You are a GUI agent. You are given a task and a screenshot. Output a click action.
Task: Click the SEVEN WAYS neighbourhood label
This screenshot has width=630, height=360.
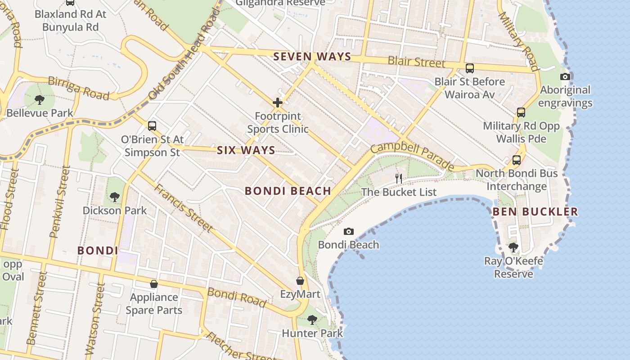[x=312, y=56]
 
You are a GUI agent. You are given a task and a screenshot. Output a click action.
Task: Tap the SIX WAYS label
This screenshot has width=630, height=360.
[x=246, y=150]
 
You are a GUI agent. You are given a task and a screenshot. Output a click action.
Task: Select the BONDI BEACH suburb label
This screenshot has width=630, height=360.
[x=288, y=191]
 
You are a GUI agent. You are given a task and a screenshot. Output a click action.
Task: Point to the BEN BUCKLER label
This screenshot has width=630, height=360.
[x=535, y=211]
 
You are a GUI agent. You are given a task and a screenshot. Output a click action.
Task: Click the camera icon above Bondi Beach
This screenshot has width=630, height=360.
[x=348, y=231]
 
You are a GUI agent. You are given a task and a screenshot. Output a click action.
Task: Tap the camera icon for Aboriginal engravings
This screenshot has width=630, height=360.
[x=565, y=76]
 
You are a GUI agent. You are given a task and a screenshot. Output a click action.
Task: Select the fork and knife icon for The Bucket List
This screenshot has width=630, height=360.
[x=398, y=178]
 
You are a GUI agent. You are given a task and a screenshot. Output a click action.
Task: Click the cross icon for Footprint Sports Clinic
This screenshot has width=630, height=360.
[x=278, y=103]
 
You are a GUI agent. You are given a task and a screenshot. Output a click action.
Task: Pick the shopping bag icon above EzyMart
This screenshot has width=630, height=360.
[x=300, y=281]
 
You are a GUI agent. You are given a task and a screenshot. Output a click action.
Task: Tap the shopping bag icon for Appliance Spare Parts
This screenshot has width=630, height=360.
[x=154, y=284]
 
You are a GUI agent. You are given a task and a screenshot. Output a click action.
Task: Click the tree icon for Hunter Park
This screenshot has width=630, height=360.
[x=312, y=320]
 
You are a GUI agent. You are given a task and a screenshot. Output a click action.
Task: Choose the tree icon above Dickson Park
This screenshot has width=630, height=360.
[x=114, y=197]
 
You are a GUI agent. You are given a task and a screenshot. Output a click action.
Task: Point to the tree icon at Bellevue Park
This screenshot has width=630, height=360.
[x=40, y=99]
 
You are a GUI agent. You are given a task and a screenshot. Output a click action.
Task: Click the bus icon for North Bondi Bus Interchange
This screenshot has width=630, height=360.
[x=516, y=160]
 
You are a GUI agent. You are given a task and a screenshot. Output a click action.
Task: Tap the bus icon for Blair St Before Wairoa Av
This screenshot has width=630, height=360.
[x=469, y=68]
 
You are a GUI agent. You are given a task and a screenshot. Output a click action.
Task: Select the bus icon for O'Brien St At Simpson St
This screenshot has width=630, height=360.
[x=152, y=126]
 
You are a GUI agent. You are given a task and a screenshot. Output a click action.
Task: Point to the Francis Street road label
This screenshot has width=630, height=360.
[x=183, y=207]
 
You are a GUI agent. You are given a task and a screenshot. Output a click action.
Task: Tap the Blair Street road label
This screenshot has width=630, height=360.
[x=416, y=62]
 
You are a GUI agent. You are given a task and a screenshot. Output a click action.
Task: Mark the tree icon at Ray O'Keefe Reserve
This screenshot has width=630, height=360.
[x=513, y=247]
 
